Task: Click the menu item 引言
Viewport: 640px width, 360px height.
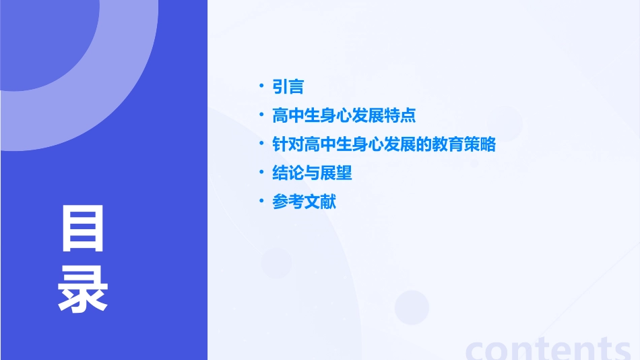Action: pos(288,86)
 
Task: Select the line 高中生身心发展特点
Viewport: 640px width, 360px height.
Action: pos(344,115)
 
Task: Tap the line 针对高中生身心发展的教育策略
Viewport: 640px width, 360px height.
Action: pos(383,144)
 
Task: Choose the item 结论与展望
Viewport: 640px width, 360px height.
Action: pos(312,173)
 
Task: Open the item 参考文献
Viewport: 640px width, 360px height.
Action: pos(304,202)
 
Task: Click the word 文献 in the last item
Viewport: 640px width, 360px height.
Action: pos(320,202)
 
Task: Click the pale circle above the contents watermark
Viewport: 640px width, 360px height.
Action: pos(412,307)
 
